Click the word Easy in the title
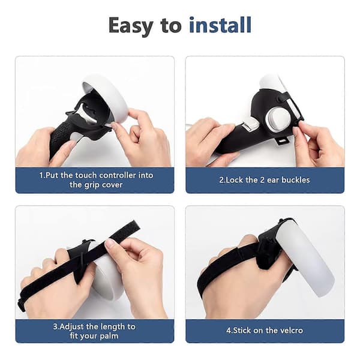(131, 26)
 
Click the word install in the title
(220, 25)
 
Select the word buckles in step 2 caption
(296, 180)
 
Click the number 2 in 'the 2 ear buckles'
(262, 180)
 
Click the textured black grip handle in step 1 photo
(60, 136)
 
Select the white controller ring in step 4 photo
(305, 258)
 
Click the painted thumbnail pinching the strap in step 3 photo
(110, 244)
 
